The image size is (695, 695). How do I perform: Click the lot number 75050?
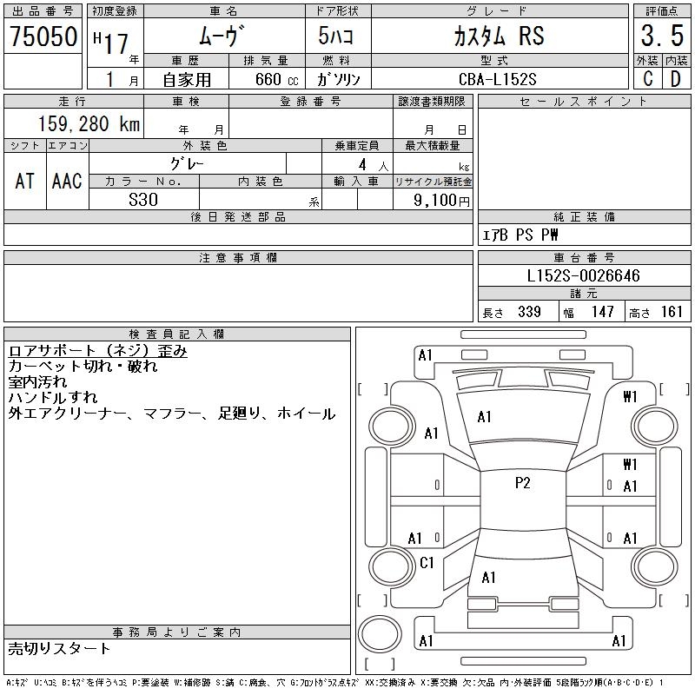coord(43,38)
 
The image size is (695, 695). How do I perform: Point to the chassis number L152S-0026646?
coord(584,276)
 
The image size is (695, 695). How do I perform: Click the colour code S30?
coord(143,199)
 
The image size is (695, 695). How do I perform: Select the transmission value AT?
coord(25,181)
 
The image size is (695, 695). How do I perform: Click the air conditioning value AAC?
coord(67,181)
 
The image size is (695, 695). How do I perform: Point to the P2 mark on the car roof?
coord(522,484)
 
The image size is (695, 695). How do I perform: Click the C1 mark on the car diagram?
coord(427,563)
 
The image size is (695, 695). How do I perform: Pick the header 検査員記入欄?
coord(177,334)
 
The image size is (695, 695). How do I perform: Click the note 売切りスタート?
coord(59,648)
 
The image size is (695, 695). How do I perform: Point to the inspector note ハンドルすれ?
coord(52,398)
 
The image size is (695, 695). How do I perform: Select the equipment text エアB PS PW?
coord(521,235)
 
